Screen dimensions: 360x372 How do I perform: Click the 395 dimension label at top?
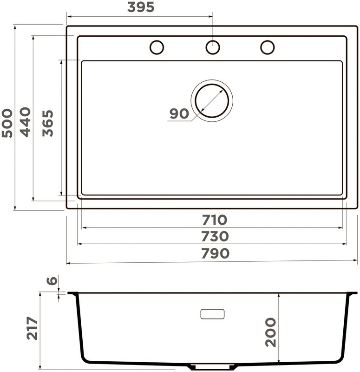point(141,7)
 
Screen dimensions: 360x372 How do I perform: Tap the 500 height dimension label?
point(7,123)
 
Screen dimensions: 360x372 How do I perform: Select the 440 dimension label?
point(25,122)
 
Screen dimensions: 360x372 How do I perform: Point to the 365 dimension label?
point(48,123)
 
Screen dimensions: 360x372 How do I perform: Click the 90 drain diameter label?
point(179,113)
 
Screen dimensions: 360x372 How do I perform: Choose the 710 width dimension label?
point(215,220)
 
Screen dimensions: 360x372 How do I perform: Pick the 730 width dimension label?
point(215,236)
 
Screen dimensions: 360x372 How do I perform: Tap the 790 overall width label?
point(215,253)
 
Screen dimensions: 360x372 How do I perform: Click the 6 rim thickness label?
point(52,280)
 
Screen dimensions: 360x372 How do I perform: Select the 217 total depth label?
point(32,328)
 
